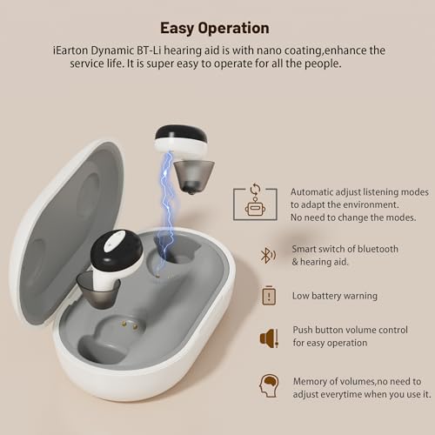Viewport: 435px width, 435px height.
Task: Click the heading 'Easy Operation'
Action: coord(215,29)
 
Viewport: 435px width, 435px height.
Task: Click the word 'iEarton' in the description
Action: coord(70,50)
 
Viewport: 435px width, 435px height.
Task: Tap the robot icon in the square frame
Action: coord(255,207)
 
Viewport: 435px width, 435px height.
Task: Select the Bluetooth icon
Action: coord(268,256)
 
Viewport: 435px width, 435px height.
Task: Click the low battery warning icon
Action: coord(269,295)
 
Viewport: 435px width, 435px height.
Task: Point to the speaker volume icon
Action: coord(269,338)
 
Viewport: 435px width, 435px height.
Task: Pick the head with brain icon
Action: coord(269,385)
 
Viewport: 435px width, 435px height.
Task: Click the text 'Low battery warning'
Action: coord(335,296)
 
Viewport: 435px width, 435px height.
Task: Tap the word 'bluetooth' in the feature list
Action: coord(378,249)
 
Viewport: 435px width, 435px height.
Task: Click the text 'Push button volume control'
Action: coord(350,330)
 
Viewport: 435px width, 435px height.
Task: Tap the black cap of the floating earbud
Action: coord(181,133)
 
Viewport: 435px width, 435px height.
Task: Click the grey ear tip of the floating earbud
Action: coord(194,177)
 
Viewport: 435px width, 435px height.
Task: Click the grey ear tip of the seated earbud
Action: coord(97,290)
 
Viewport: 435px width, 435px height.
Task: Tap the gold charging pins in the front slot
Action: coord(130,325)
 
